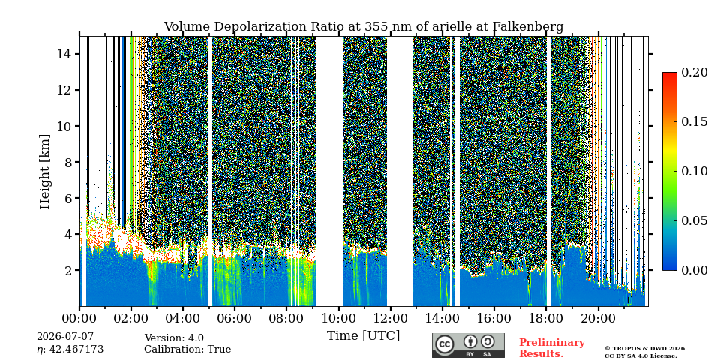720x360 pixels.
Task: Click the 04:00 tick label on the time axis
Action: pos(183,318)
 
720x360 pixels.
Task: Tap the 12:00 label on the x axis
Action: pos(390,318)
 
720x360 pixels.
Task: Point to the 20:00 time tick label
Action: pos(598,318)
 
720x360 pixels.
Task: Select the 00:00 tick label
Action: pos(79,318)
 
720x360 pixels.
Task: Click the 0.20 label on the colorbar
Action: pos(693,72)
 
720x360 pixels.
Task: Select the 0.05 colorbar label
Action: pos(693,220)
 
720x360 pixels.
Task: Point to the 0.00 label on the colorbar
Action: pos(693,270)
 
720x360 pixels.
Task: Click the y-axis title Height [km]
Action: pos(44,172)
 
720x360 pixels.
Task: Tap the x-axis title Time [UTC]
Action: pos(363,336)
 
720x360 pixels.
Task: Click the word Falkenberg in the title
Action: pos(528,27)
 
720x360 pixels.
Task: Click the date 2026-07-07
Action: pos(65,337)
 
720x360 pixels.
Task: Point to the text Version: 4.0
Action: pos(174,338)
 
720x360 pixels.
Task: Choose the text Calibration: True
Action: pos(187,349)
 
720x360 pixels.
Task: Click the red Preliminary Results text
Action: pos(552,348)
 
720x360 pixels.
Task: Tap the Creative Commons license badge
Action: pos(468,345)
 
